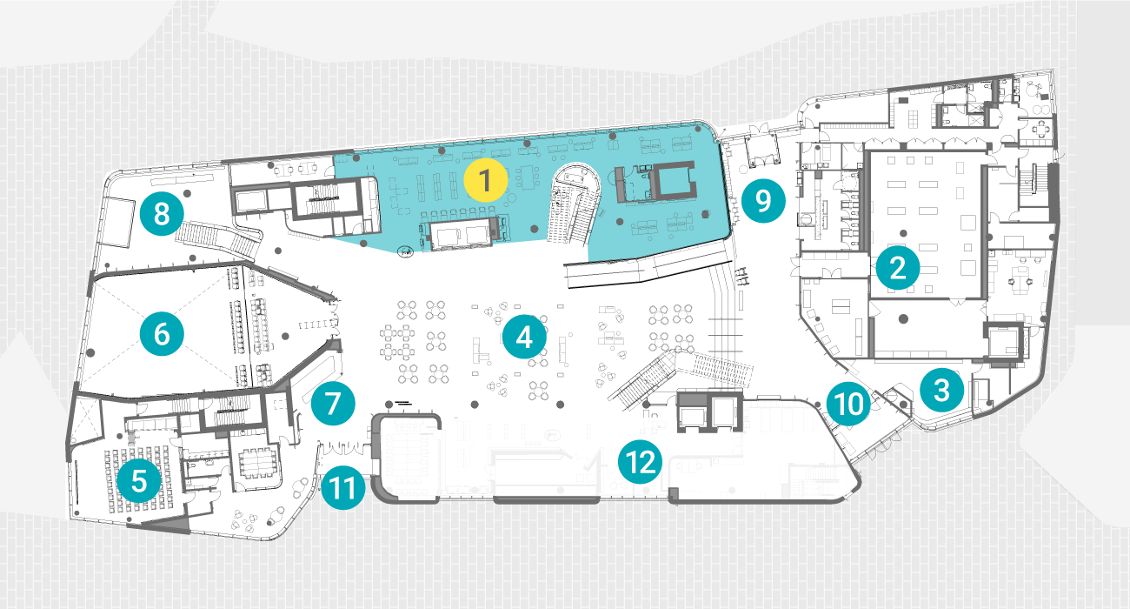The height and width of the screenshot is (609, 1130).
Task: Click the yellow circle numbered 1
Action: point(485,180)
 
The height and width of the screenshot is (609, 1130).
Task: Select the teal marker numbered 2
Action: point(898,268)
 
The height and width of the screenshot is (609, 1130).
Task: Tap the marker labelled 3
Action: point(942,390)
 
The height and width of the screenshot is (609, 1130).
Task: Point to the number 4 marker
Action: point(524,337)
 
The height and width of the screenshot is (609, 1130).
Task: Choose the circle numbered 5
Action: point(139,480)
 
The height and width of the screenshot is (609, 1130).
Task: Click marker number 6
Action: point(162,334)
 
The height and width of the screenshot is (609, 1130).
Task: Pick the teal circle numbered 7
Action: point(333,404)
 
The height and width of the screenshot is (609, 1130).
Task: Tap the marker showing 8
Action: point(162,214)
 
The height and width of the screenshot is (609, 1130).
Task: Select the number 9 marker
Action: point(763,200)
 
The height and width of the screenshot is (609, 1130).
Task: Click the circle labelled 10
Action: point(849,404)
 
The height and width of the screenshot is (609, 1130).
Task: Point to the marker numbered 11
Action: point(343,488)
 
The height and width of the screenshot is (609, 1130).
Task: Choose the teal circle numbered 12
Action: point(640,462)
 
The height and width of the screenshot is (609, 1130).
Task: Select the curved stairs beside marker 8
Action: point(219,238)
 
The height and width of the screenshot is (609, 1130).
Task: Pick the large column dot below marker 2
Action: point(903,318)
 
